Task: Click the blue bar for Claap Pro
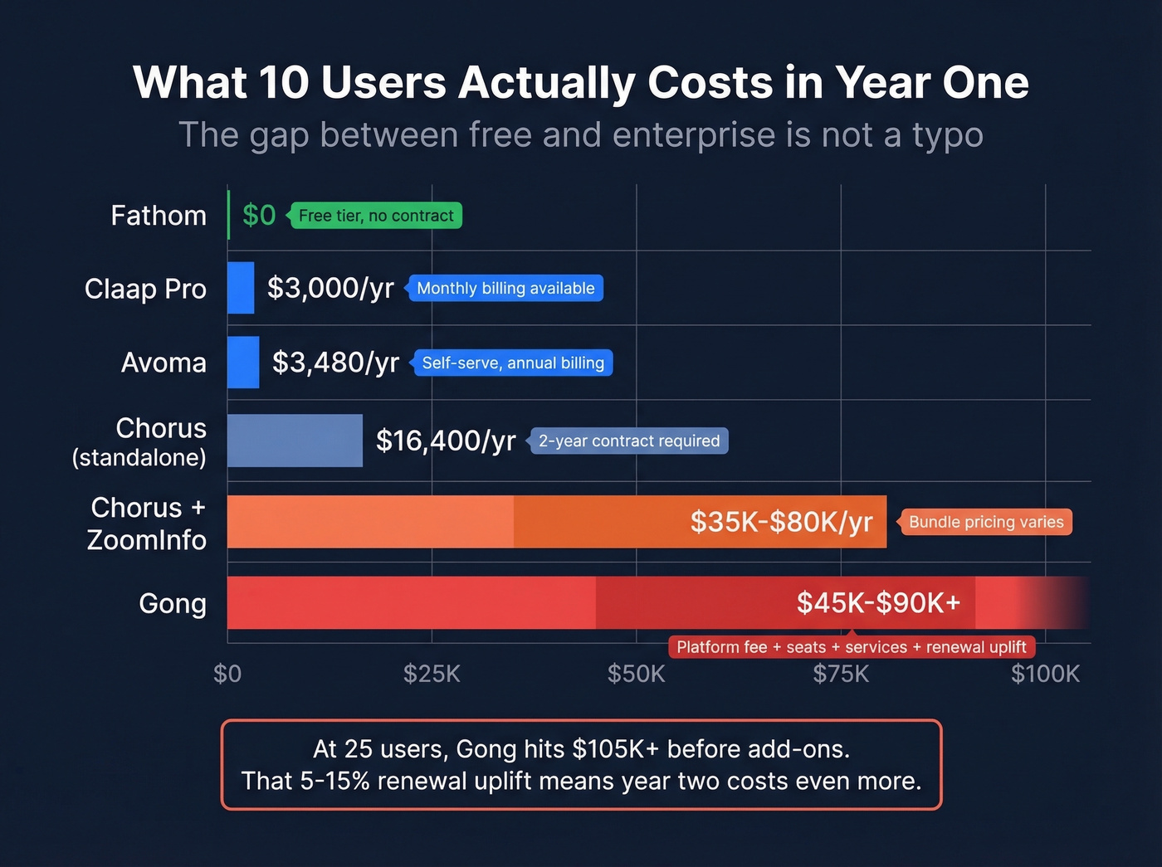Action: [x=241, y=288]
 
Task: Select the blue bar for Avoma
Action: [x=243, y=363]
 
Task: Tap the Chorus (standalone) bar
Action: [x=295, y=441]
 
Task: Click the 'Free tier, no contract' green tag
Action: [x=375, y=216]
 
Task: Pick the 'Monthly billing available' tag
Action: [x=505, y=289]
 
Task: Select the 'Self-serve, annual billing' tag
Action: [x=513, y=363]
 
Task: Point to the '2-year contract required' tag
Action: [x=628, y=441]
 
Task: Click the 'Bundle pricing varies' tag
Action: [x=986, y=522]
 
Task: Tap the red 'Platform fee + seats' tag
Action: [x=852, y=647]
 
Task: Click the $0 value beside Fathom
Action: [x=259, y=216]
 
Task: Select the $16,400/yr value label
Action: [x=446, y=441]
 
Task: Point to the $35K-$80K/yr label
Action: [x=781, y=522]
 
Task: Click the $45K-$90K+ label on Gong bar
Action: [x=878, y=603]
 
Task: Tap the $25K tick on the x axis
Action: [x=432, y=674]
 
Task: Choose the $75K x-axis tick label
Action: [x=841, y=674]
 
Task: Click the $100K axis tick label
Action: [x=1045, y=674]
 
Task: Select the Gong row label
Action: [x=173, y=603]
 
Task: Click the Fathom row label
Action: [x=159, y=216]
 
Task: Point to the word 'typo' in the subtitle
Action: [x=948, y=135]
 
